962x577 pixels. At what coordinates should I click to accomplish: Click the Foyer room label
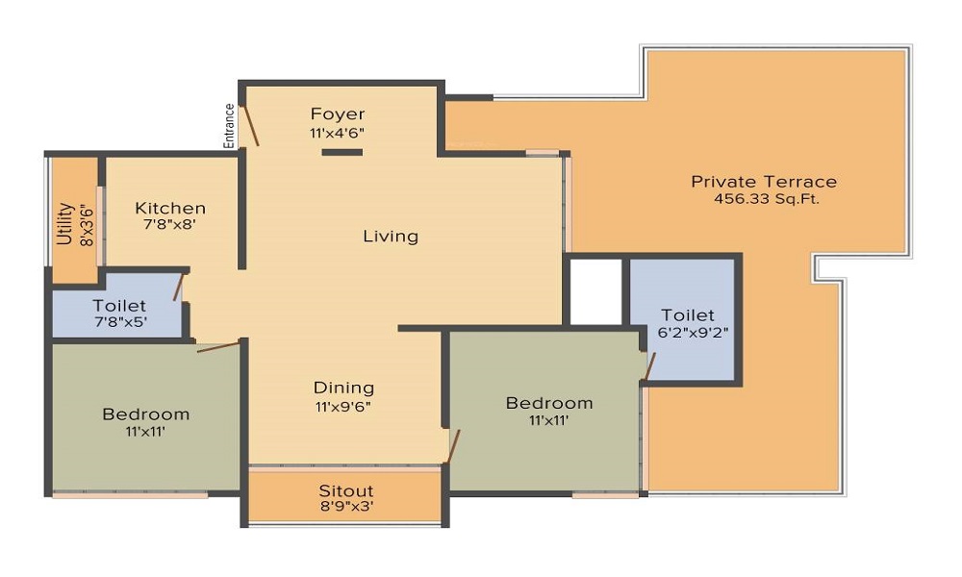(x=337, y=114)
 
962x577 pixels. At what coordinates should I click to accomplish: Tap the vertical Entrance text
(x=230, y=125)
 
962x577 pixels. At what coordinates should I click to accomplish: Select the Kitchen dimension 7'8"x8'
(x=170, y=225)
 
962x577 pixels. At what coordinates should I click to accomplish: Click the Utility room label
(x=65, y=223)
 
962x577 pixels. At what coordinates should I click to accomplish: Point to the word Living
(x=391, y=236)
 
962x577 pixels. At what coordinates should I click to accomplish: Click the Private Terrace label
(x=764, y=182)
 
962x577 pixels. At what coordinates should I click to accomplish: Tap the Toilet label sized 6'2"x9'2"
(x=688, y=314)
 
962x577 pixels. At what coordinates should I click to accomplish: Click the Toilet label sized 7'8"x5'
(x=119, y=306)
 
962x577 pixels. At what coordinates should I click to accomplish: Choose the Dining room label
(x=343, y=388)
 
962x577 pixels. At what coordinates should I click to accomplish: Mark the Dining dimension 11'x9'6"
(x=343, y=406)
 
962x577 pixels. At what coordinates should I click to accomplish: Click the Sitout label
(x=345, y=490)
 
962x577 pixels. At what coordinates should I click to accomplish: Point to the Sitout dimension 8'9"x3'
(x=345, y=508)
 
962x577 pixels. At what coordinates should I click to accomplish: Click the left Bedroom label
(x=146, y=414)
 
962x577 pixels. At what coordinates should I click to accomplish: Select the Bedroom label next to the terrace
(x=549, y=403)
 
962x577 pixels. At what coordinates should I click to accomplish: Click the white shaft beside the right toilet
(x=596, y=291)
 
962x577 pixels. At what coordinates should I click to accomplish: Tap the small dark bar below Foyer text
(x=342, y=152)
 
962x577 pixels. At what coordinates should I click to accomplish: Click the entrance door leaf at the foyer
(x=250, y=125)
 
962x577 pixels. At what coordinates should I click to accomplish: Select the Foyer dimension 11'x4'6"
(x=337, y=133)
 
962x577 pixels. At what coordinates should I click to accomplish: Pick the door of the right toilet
(x=650, y=366)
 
